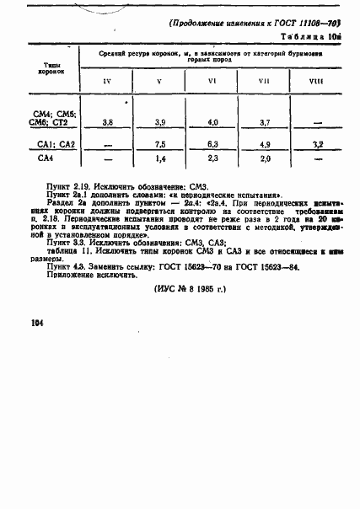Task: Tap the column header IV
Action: click(106, 81)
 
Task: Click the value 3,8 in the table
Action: click(108, 123)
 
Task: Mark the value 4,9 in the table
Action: click(265, 144)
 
